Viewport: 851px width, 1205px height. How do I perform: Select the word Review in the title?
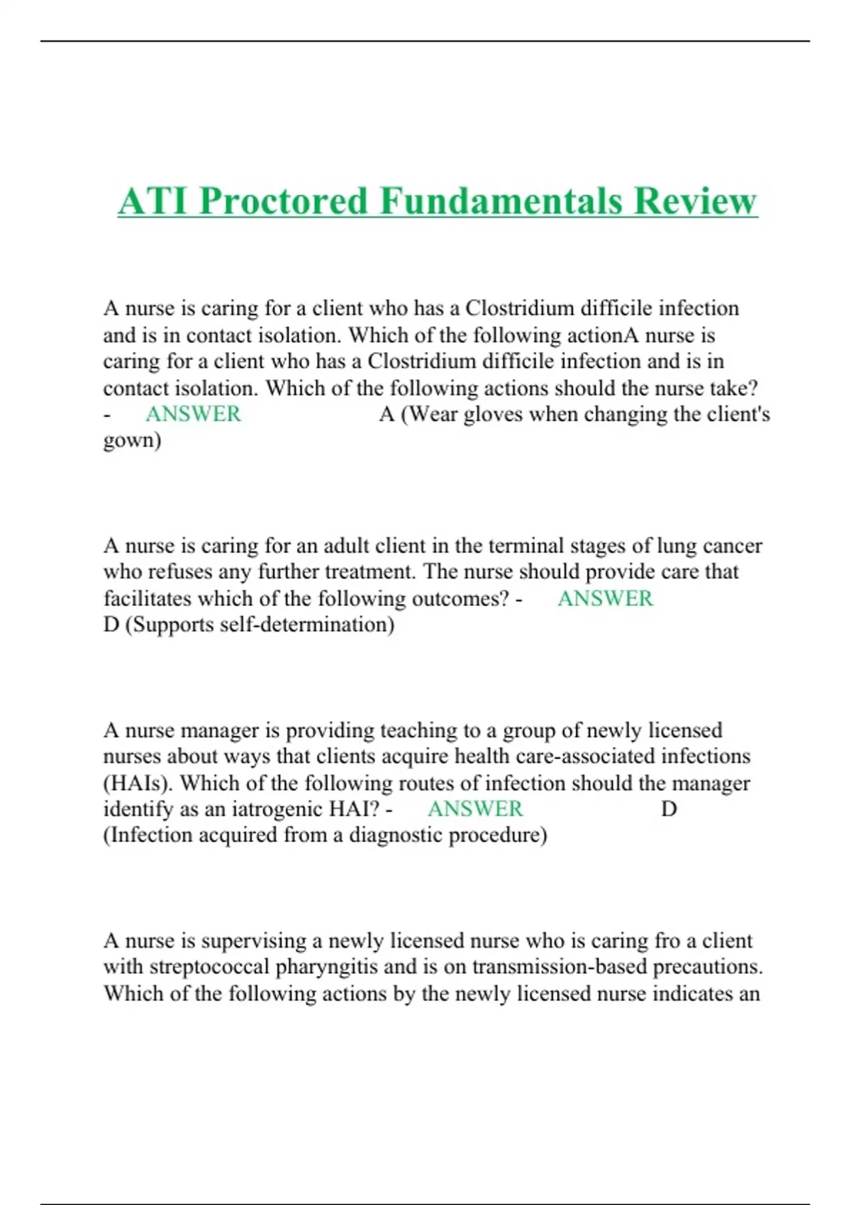tap(696, 201)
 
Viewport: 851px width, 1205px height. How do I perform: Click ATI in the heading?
tap(153, 201)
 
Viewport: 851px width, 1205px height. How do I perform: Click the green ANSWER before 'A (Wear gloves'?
tap(193, 414)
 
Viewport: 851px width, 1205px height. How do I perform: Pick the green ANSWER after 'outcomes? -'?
tap(605, 598)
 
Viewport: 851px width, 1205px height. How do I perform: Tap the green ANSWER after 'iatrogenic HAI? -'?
tap(475, 809)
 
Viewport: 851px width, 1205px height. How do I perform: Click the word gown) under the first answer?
tap(132, 441)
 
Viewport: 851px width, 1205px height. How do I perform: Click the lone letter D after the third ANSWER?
tap(669, 809)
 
